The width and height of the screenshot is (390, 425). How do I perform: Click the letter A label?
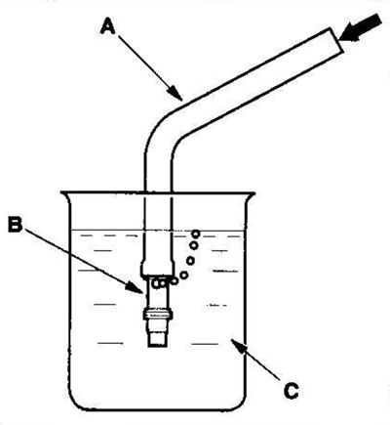pos(108,25)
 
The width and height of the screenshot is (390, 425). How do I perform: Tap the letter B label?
pos(16,225)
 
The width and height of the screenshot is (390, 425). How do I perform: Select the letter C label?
pos(291,390)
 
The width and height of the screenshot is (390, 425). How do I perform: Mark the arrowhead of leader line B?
pos(135,288)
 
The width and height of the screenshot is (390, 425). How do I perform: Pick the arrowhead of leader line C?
pos(237,345)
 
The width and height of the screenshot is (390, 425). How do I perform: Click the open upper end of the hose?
pos(334,40)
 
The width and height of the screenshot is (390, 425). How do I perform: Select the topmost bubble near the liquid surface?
pos(195,234)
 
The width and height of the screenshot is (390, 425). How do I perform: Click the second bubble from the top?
pos(194,245)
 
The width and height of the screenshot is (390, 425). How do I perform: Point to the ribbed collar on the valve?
pos(158,315)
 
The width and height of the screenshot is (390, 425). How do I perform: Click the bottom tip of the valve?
pos(158,346)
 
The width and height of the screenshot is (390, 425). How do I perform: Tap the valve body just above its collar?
pos(158,298)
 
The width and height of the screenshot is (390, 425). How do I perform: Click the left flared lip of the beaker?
pos(65,195)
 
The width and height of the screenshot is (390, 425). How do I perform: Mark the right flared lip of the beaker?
pos(251,195)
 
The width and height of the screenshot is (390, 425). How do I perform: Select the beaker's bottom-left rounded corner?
pos(76,404)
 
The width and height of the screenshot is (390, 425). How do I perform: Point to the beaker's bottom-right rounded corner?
pos(241,404)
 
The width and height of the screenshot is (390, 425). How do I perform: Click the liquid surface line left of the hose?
pos(107,230)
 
